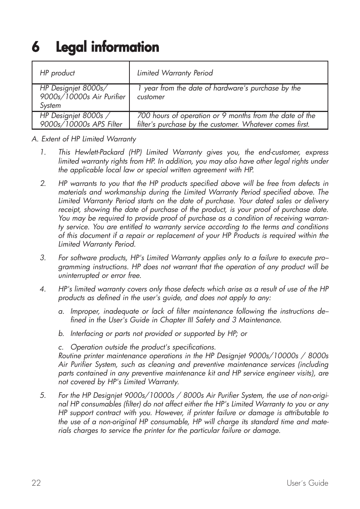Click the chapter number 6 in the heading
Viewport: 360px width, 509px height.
point(35,48)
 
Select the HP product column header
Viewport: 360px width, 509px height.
point(57,73)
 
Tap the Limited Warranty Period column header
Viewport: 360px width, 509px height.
point(175,73)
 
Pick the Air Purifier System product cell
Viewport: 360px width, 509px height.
point(82,97)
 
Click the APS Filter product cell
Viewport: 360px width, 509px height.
point(81,120)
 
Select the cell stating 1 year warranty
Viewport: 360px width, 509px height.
point(219,92)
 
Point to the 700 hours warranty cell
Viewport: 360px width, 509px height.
point(226,120)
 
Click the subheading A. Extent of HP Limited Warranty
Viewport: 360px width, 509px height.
point(84,139)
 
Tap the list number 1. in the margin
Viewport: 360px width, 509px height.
point(43,152)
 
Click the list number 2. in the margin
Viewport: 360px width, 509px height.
point(43,184)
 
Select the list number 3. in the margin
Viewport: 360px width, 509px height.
point(43,258)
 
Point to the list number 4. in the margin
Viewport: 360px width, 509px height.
point(43,289)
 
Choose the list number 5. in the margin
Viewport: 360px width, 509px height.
point(43,396)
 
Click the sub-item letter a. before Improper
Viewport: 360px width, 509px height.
point(61,311)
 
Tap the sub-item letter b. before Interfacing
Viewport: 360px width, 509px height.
point(61,334)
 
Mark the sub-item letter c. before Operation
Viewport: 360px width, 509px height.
point(61,347)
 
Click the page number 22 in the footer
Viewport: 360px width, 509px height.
point(36,483)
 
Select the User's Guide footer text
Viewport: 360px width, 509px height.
point(307,483)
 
